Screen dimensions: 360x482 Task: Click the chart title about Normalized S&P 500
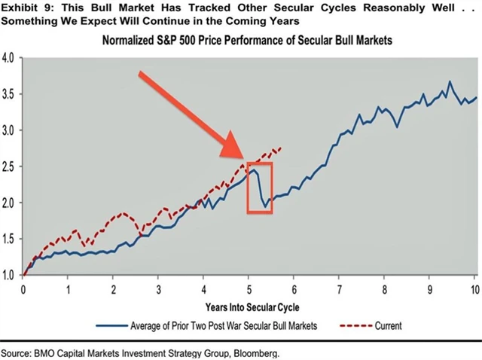(x=249, y=40)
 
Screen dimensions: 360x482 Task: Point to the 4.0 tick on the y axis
(x=10, y=58)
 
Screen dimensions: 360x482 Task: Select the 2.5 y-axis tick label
(x=10, y=166)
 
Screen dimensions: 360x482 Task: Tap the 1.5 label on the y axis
(x=10, y=239)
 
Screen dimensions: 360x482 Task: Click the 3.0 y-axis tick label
(x=10, y=130)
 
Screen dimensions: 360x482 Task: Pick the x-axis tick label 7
(x=339, y=289)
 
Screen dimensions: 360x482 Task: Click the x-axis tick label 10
(x=474, y=289)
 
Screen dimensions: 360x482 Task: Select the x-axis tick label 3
(x=158, y=289)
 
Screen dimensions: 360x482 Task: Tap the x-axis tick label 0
(x=23, y=289)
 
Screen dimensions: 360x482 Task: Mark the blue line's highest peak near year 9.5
(x=450, y=81)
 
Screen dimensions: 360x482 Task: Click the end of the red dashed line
(x=280, y=148)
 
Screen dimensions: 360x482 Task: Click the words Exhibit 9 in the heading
(x=22, y=7)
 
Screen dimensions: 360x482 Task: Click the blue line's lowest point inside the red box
(x=265, y=206)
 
